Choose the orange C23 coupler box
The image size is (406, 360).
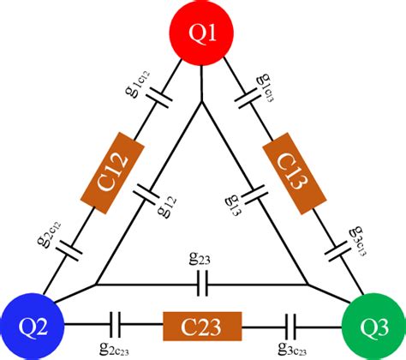point(202,326)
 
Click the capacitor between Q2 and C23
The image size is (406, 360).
point(116,325)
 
